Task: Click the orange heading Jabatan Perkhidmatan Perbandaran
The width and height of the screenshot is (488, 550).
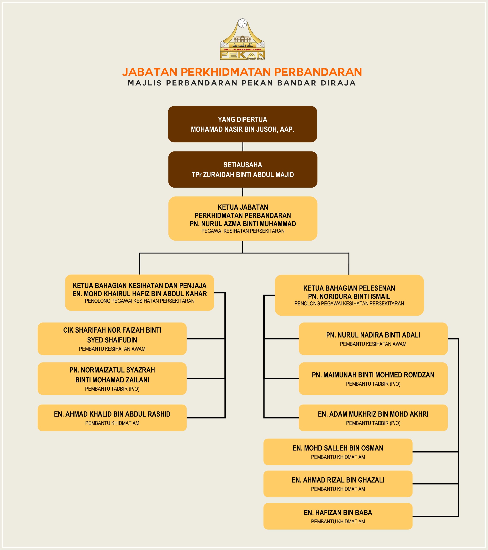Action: coord(242,72)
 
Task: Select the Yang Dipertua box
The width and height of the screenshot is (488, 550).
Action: coord(242,124)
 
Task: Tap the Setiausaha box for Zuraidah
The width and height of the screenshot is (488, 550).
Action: coord(242,170)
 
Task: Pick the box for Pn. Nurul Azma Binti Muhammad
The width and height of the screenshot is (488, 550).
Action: coord(242,218)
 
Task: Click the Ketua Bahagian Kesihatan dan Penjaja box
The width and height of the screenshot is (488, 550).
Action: coord(140,293)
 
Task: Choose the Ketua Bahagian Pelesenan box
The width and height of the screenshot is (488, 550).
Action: coord(349,295)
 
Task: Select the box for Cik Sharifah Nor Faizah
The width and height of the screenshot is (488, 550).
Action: coord(112,339)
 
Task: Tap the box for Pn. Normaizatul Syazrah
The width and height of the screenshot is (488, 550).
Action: coord(112,379)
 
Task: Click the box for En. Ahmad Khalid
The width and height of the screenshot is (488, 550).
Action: coord(112,418)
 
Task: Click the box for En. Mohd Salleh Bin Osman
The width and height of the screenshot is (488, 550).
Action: coord(338,452)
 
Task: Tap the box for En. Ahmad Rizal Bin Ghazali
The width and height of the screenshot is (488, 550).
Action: coord(338,484)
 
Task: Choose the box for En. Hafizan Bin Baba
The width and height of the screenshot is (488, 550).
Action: coord(338,516)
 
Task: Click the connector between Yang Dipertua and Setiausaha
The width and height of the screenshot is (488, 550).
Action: coord(243,147)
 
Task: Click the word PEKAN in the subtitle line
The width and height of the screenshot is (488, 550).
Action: coord(257,83)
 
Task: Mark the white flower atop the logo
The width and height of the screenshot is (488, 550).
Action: coord(242,23)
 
